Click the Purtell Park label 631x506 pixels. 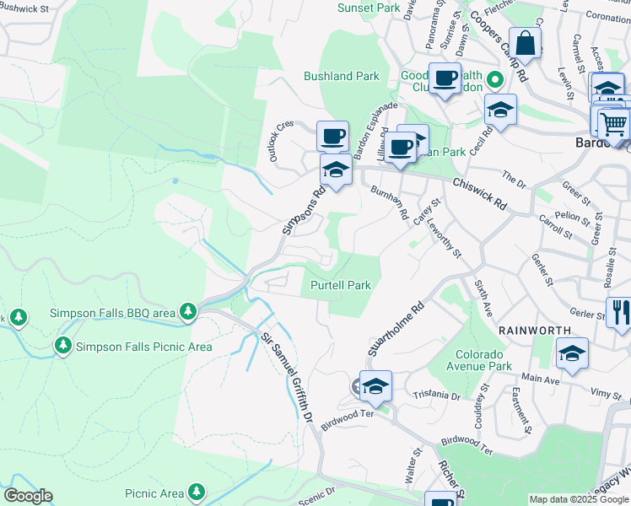pyautogui.click(x=341, y=285)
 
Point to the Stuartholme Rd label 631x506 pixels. pyautogui.click(x=394, y=330)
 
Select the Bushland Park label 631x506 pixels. pyautogui.click(x=342, y=76)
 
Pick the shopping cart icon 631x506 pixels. pyautogui.click(x=614, y=123)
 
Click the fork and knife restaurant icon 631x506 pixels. pyautogui.click(x=618, y=311)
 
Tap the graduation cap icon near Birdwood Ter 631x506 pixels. pyautogui.click(x=375, y=386)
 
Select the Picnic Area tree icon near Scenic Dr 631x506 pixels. pyautogui.click(x=197, y=490)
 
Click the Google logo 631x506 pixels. pyautogui.click(x=27, y=496)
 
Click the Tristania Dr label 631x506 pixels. pyautogui.click(x=437, y=395)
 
